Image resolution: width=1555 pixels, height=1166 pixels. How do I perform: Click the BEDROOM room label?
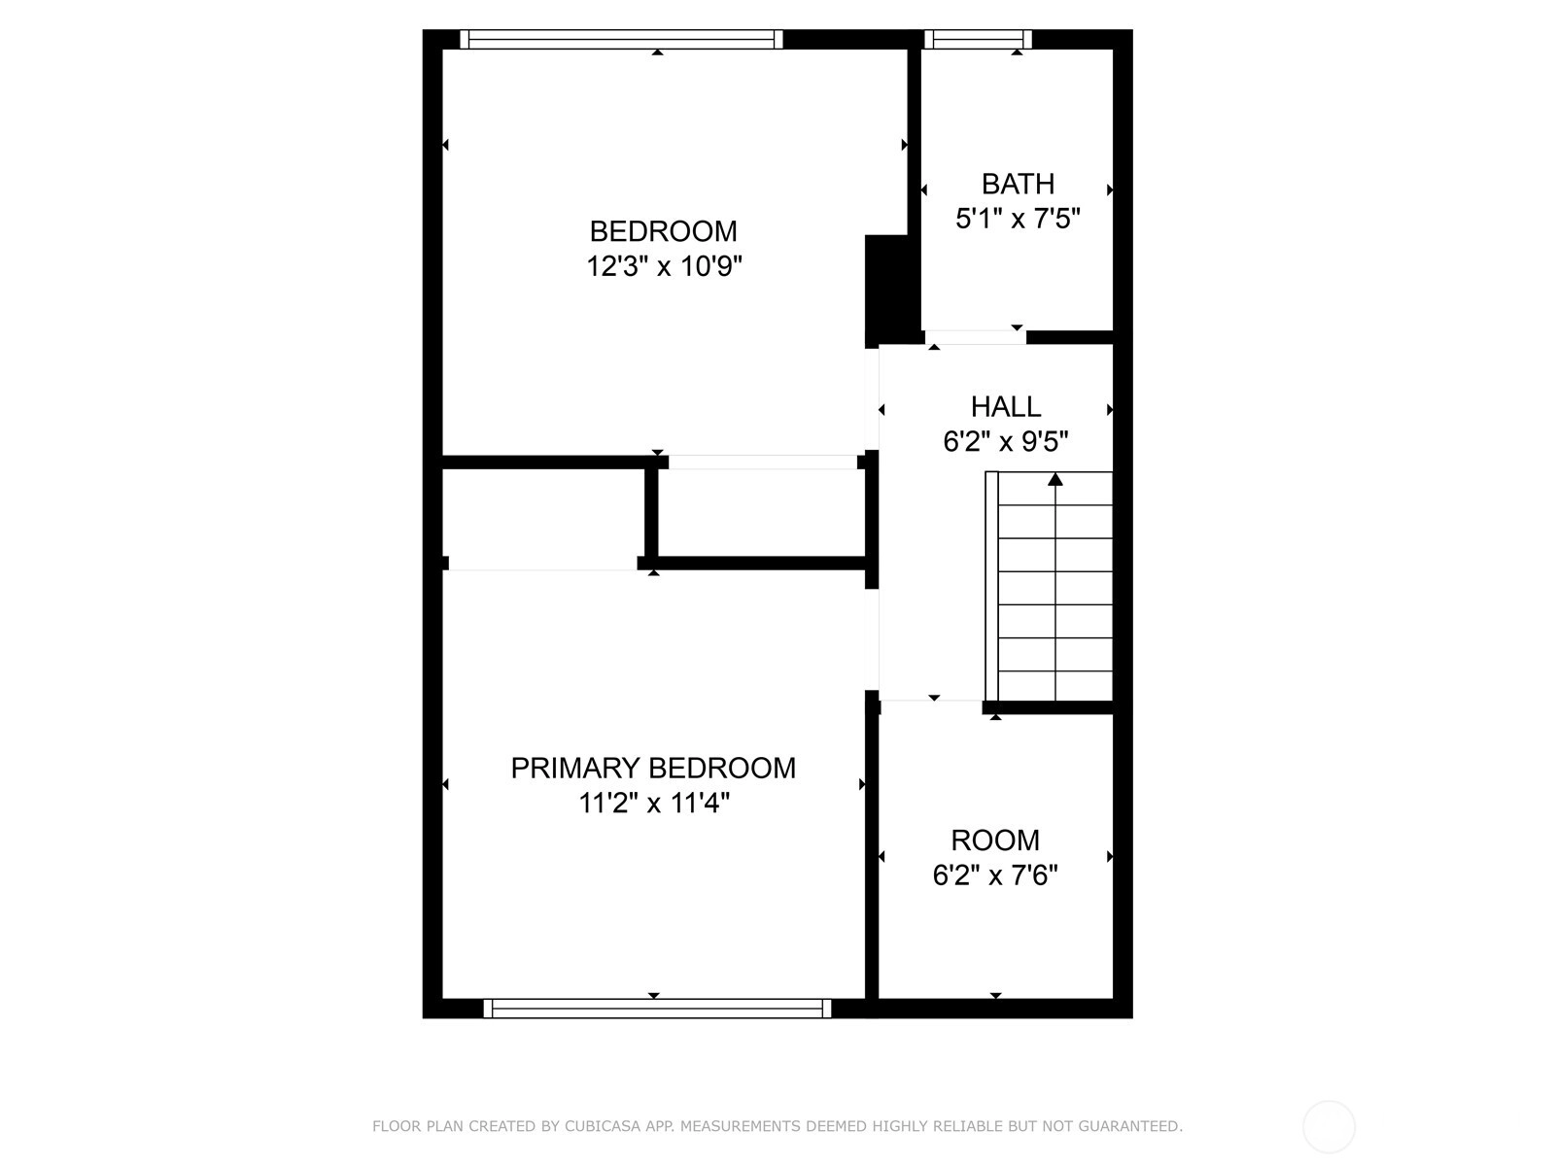click(663, 231)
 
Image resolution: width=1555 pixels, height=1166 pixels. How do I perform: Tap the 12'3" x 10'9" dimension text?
click(664, 267)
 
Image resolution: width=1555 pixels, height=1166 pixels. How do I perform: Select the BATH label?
click(1018, 184)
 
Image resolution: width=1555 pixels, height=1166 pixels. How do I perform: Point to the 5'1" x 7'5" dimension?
click(1018, 219)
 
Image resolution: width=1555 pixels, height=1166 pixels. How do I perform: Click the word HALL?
click(1005, 407)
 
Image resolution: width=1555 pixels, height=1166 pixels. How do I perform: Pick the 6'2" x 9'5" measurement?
click(1005, 442)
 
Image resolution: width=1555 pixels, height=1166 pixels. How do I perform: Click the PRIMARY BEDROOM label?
click(653, 769)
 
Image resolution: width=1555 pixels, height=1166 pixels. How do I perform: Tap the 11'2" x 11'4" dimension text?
click(653, 803)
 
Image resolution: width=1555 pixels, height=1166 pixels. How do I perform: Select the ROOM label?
click(994, 840)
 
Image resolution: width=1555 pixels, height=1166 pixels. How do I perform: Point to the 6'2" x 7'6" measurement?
click(994, 875)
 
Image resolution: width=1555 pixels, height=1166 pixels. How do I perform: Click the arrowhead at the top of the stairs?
click(1054, 479)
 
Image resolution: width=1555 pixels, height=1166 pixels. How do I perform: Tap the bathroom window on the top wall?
click(978, 39)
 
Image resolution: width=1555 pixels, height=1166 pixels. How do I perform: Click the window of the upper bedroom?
click(621, 39)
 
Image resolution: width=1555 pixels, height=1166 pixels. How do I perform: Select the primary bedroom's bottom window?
click(657, 1009)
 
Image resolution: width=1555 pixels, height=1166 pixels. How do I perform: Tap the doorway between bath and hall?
click(976, 338)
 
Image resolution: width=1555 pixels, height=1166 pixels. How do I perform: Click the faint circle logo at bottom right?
click(1329, 1127)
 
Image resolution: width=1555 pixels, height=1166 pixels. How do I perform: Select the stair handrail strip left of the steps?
click(991, 586)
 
